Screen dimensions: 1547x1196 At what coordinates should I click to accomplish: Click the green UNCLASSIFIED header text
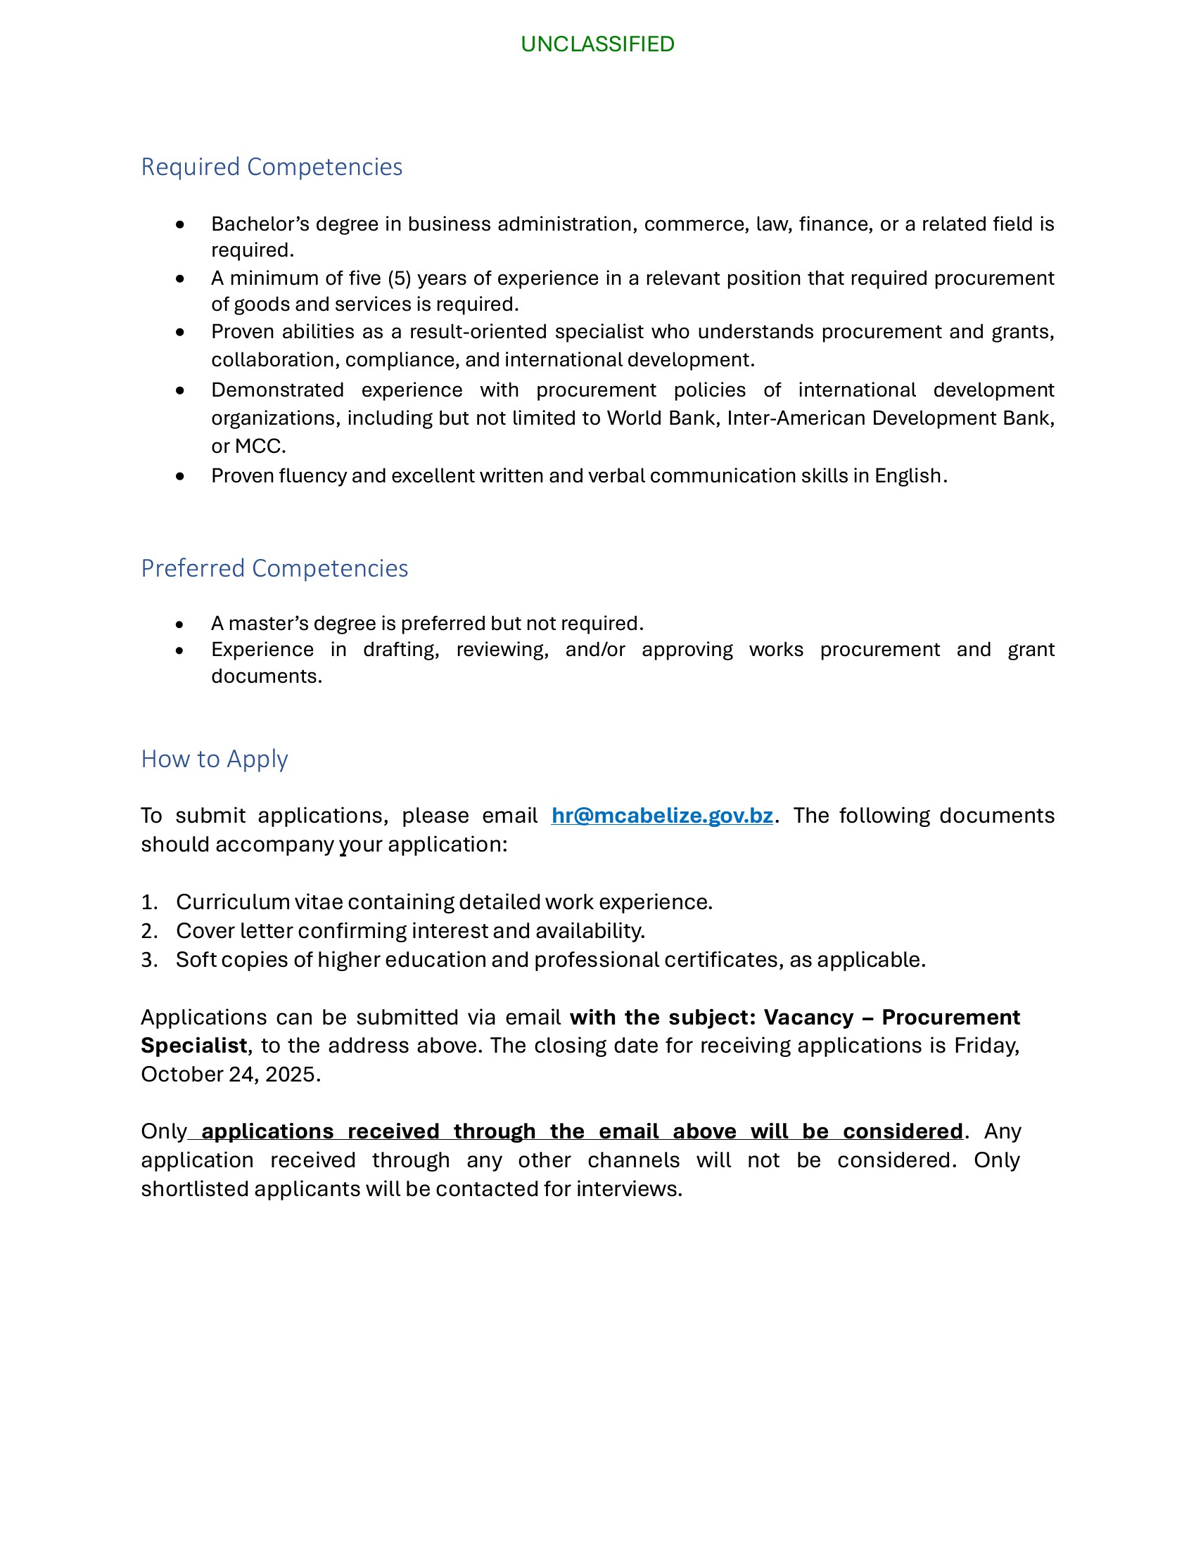click(x=597, y=44)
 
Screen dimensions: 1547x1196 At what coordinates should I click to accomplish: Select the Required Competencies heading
click(x=272, y=167)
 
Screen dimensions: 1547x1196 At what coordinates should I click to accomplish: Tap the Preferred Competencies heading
click(x=274, y=569)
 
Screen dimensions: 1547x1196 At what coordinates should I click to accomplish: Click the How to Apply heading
click(x=214, y=759)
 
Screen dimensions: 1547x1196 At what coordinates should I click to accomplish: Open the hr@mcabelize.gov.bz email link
click(x=662, y=816)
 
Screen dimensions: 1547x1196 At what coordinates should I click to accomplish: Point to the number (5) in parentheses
click(x=400, y=278)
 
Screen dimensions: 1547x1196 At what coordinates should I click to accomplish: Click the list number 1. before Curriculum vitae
click(x=148, y=902)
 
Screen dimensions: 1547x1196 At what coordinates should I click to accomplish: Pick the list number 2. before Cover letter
click(x=148, y=932)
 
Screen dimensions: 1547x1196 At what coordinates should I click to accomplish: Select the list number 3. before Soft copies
click(x=148, y=961)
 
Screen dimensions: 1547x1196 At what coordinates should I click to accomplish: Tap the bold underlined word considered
click(x=902, y=1132)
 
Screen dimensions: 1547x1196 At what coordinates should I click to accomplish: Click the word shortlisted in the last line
click(x=194, y=1189)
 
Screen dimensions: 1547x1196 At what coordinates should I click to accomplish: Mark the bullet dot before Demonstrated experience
click(x=180, y=391)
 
